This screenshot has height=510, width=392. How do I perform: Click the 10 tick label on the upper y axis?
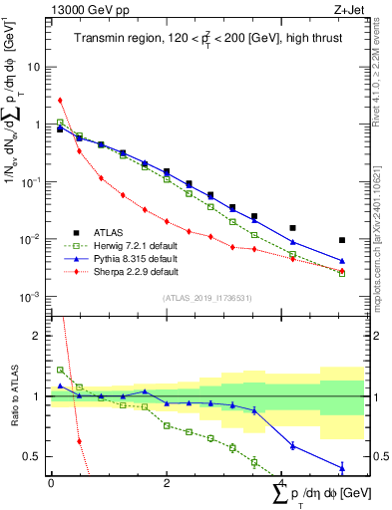[36, 67]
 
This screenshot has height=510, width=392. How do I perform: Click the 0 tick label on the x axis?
[51, 483]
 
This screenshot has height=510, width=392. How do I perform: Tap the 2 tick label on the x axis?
[167, 483]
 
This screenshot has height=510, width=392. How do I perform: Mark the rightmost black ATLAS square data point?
[342, 240]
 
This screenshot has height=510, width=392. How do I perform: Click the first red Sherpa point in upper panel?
[61, 100]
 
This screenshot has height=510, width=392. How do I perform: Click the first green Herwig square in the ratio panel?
[61, 370]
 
